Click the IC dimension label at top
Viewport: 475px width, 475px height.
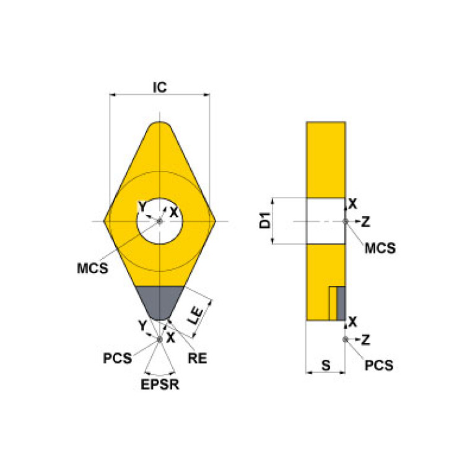160,87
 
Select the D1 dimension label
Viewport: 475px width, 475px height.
265,221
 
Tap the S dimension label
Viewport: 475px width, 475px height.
325,365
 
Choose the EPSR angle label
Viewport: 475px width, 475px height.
160,385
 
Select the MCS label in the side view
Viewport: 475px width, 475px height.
380,249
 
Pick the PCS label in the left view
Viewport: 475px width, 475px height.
116,359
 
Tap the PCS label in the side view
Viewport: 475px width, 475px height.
378,365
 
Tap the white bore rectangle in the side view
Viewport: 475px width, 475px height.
326,221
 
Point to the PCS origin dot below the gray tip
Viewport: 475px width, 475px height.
160,339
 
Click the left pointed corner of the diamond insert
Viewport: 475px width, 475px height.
106,221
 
